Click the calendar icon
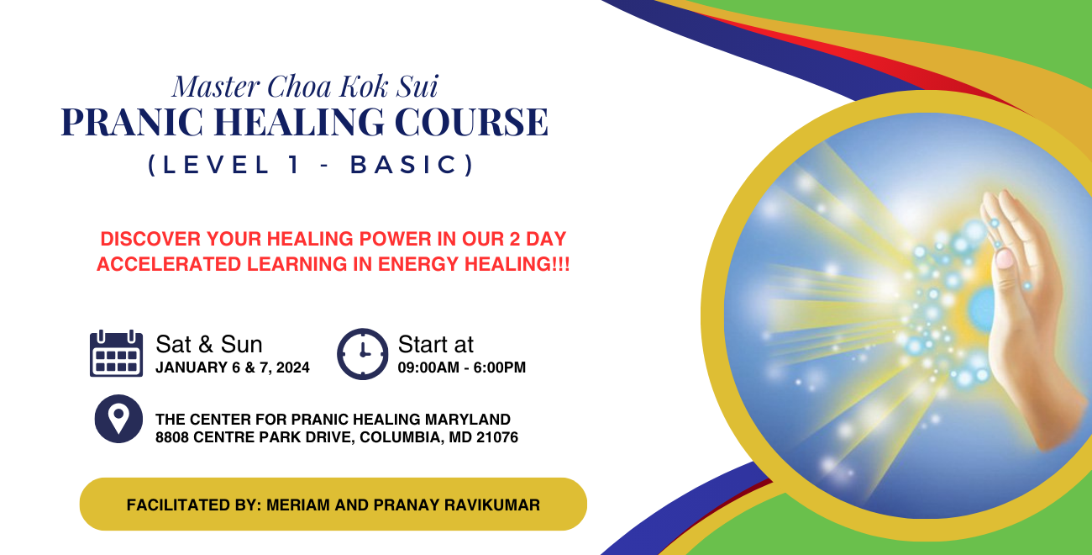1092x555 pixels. pyautogui.click(x=116, y=353)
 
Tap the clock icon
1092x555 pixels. pyautogui.click(x=362, y=354)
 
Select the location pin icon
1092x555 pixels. pyautogui.click(x=118, y=419)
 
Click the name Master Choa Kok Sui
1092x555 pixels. pyautogui.click(x=305, y=87)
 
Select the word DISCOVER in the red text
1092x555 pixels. pyautogui.click(x=150, y=239)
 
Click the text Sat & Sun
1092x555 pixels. pyautogui.click(x=209, y=344)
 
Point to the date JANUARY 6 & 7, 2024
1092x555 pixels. pyautogui.click(x=233, y=367)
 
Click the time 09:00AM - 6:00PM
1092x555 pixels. pyautogui.click(x=462, y=367)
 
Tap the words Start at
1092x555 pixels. pyautogui.click(x=436, y=344)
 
